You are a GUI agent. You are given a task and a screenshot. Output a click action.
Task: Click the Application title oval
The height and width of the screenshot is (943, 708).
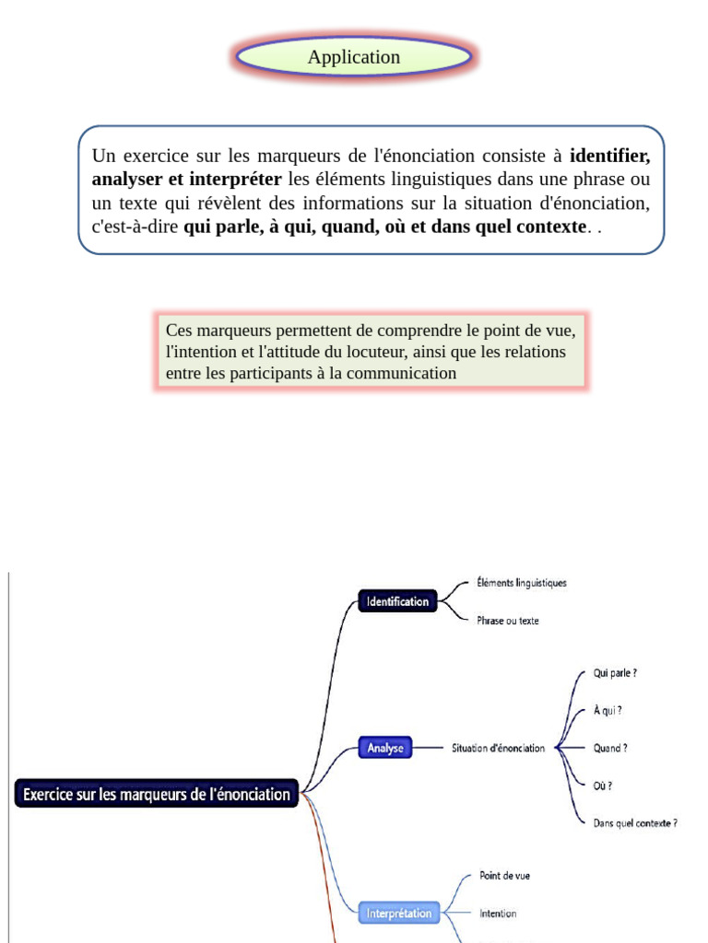coord(354,57)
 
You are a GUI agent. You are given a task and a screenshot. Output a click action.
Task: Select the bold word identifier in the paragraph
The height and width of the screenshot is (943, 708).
coord(609,156)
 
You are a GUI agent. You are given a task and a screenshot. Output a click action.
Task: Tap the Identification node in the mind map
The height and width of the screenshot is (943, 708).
coord(397,602)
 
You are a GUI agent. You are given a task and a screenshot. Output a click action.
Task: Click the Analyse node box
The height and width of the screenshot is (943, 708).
coord(385,749)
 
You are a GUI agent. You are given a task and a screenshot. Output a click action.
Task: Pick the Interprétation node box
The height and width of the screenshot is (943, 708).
coord(399,914)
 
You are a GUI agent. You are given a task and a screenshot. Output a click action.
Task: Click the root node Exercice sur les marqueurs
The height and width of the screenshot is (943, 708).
coord(157,794)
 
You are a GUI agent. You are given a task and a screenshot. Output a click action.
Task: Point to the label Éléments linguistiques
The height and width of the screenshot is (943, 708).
coord(522,583)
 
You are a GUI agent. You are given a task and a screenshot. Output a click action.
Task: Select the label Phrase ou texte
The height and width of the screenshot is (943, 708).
coord(508,621)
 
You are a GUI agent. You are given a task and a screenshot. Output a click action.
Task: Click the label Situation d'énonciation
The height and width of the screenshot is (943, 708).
coord(498,749)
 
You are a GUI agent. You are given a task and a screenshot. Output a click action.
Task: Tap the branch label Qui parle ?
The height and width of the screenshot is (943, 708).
coord(615,673)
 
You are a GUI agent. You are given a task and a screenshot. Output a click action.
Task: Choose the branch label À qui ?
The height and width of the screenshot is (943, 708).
coord(608,711)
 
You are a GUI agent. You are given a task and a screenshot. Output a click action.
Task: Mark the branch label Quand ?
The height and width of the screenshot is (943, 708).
coord(610,749)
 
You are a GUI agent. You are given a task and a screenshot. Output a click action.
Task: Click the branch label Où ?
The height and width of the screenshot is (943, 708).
coord(603,786)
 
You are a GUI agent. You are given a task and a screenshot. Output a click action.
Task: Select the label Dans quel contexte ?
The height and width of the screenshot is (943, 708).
coord(635,823)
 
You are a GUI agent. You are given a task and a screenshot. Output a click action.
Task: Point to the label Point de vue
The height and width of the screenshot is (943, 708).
coord(504,876)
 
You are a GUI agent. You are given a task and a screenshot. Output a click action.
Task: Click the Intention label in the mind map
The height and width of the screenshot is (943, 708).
coord(498,914)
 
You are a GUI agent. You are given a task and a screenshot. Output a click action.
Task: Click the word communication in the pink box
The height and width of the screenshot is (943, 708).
coord(402,373)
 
